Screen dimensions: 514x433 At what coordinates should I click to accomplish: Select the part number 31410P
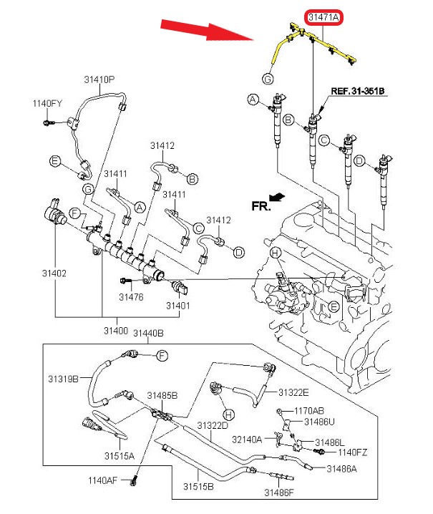tap(100, 79)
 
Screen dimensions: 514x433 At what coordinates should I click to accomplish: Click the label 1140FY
tap(47, 104)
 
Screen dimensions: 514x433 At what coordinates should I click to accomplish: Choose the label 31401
tap(179, 306)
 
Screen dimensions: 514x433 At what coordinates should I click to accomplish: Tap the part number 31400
tap(115, 331)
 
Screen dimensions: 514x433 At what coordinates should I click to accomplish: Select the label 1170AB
tap(309, 411)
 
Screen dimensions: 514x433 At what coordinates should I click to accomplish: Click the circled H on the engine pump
tap(274, 253)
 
